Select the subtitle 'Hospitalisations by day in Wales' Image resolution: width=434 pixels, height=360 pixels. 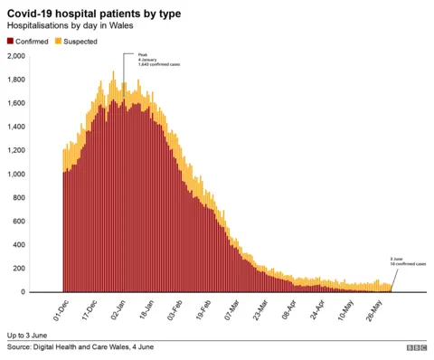pyautogui.click(x=71, y=26)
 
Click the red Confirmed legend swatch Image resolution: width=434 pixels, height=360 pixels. pyautogui.click(x=10, y=41)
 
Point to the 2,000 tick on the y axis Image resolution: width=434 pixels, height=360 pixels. pyautogui.click(x=16, y=56)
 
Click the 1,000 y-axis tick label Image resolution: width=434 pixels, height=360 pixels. pyautogui.click(x=16, y=174)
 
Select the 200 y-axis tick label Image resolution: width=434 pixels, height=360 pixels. pyautogui.click(x=19, y=269)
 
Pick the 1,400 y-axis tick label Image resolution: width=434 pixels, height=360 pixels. pyautogui.click(x=16, y=127)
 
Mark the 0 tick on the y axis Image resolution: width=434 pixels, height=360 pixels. pyautogui.click(x=24, y=292)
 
